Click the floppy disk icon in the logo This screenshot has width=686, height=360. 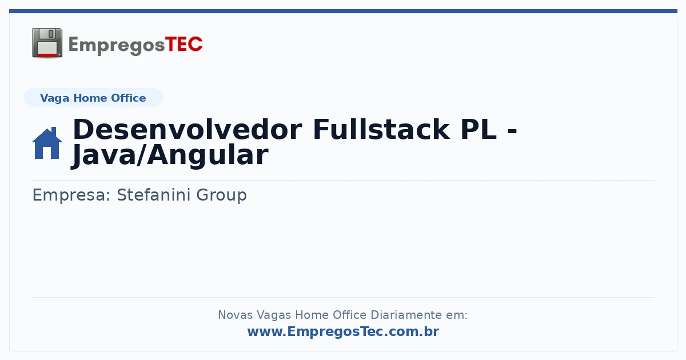tap(47, 43)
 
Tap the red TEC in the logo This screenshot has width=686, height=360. tap(184, 45)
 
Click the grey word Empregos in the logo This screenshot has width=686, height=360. tap(117, 46)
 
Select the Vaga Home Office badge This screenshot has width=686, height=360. tap(93, 98)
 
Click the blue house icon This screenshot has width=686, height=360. tap(47, 143)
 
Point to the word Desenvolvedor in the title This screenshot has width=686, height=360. tap(188, 130)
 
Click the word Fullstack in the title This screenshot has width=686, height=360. tap(381, 130)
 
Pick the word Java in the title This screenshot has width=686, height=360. tap(103, 155)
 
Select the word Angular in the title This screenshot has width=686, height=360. tap(208, 155)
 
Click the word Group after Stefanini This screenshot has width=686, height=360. tap(221, 195)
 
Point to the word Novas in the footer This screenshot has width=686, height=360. tap(235, 315)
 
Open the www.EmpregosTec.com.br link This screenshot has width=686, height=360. tap(344, 331)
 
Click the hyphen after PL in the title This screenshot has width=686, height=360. tap(512, 131)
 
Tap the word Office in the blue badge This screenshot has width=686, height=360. tap(128, 98)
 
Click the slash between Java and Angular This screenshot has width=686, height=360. tap(142, 155)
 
